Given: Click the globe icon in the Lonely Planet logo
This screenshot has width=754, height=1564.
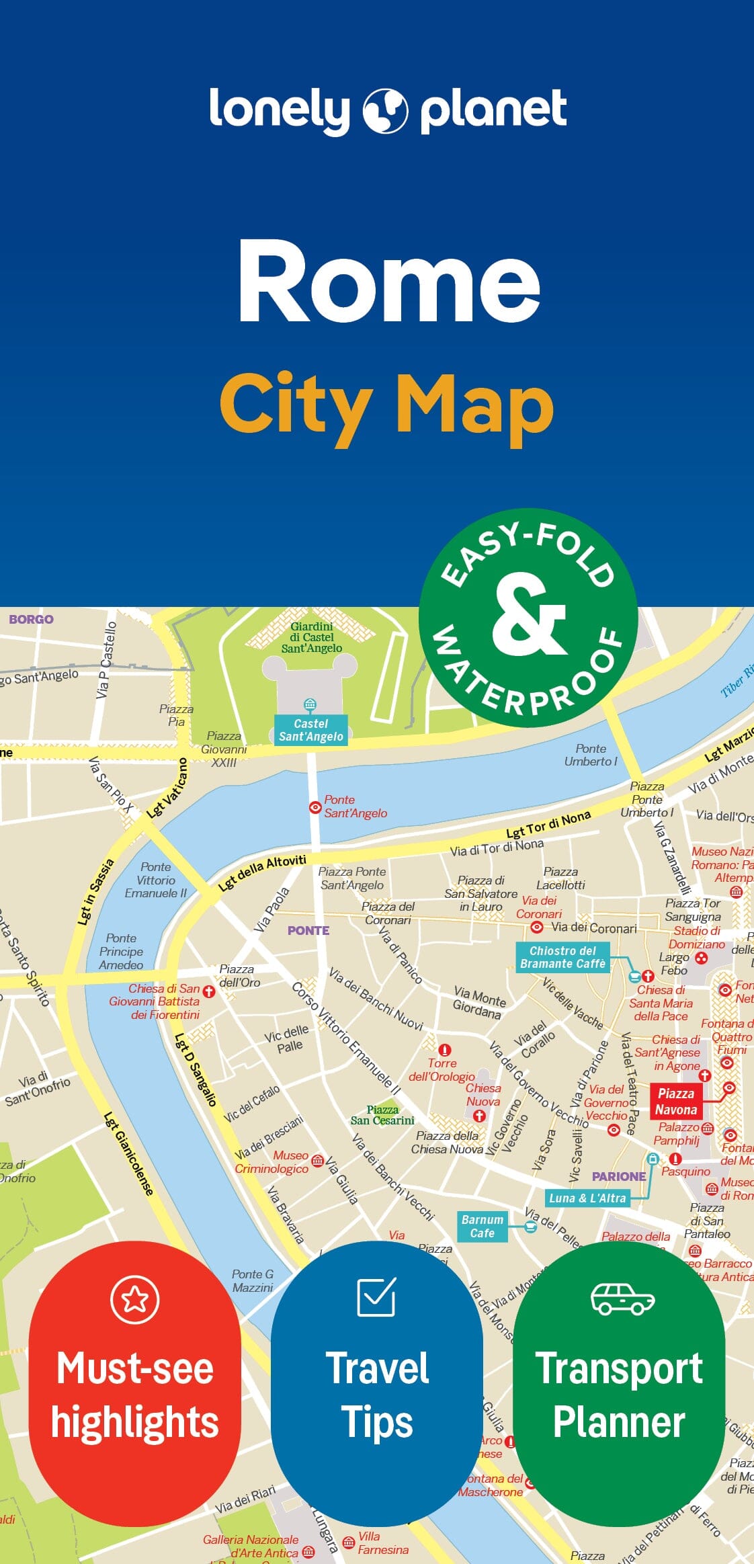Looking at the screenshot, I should [385, 110].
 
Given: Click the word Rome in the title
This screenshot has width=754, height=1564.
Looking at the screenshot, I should [389, 280].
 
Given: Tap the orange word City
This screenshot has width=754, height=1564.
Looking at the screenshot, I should [296, 405].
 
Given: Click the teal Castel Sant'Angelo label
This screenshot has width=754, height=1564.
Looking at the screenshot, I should [310, 730].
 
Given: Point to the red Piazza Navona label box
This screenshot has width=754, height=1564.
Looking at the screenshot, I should [675, 1102].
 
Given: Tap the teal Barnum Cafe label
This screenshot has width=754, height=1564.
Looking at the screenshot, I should [482, 1226].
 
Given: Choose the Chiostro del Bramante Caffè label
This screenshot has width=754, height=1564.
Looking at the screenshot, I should [562, 957].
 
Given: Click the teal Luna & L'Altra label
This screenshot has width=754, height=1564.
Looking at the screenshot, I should [587, 1198].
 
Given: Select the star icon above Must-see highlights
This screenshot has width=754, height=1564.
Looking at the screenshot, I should [135, 1300].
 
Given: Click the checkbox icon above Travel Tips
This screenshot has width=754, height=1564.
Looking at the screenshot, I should [376, 1297].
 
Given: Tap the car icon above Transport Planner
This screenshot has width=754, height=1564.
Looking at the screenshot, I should [622, 1298].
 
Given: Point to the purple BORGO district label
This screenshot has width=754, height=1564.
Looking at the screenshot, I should [31, 619].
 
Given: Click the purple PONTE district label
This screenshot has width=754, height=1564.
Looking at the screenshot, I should [308, 931].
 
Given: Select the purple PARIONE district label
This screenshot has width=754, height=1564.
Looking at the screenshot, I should [618, 1176].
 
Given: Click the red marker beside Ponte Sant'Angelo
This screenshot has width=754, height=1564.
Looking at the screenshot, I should [315, 807].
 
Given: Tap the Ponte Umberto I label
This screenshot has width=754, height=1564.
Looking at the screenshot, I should [590, 755].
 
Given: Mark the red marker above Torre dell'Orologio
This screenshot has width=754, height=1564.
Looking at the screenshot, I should [444, 1050].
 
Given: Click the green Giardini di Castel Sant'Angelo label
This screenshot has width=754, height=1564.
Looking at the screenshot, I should [312, 637].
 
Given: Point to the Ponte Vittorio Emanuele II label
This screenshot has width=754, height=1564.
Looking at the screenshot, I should [156, 880].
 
